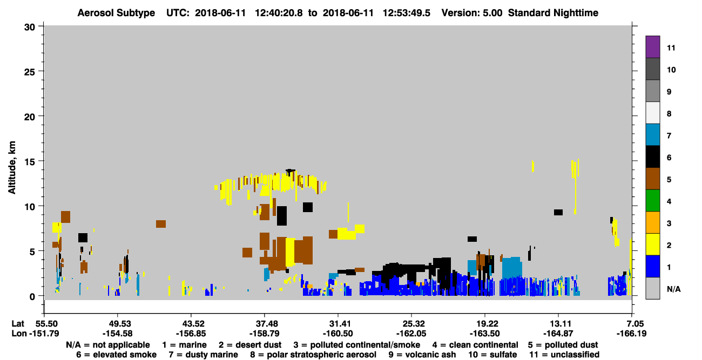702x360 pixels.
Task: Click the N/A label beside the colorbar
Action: click(673, 289)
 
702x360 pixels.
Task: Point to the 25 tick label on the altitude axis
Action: click(30, 72)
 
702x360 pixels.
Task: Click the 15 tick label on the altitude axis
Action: click(30, 162)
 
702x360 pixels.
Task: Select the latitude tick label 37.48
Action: click(265, 323)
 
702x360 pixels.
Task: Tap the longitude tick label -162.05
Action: click(411, 334)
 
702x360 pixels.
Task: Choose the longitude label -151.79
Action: click(44, 334)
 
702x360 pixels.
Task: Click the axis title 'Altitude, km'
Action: click(11, 168)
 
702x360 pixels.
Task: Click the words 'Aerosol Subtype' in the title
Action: click(116, 13)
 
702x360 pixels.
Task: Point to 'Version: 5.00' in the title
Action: click(472, 13)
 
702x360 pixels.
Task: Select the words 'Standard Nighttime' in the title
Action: click(553, 13)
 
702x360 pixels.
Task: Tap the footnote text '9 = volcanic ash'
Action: click(422, 355)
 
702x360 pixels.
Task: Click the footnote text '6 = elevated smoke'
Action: click(116, 355)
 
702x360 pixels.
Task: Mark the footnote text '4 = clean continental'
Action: click(475, 345)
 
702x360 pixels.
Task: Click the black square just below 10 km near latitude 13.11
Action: click(558, 212)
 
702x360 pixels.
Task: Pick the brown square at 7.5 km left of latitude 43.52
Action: click(161, 223)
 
